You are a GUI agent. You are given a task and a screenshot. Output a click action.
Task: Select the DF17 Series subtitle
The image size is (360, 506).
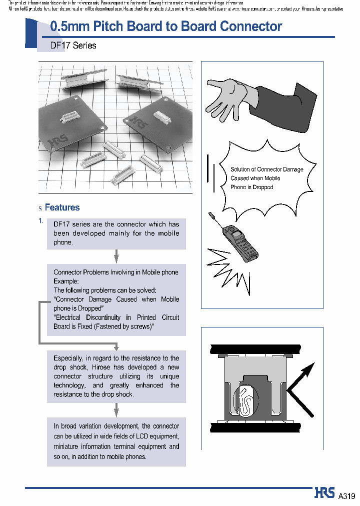pyautogui.click(x=73, y=45)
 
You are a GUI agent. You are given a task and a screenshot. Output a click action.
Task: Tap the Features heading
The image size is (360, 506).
pyautogui.click(x=62, y=207)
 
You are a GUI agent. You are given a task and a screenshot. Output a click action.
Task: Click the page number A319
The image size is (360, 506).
pyautogui.click(x=346, y=496)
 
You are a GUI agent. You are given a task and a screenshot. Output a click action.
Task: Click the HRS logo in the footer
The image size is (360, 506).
pyautogui.click(x=325, y=493)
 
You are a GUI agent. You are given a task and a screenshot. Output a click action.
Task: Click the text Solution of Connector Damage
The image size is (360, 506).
pyautogui.click(x=266, y=169)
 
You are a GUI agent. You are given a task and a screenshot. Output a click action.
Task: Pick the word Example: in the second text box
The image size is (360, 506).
pyautogui.click(x=66, y=281)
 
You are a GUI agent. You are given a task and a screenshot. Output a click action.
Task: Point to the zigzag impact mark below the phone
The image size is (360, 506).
pyautogui.click(x=227, y=272)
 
